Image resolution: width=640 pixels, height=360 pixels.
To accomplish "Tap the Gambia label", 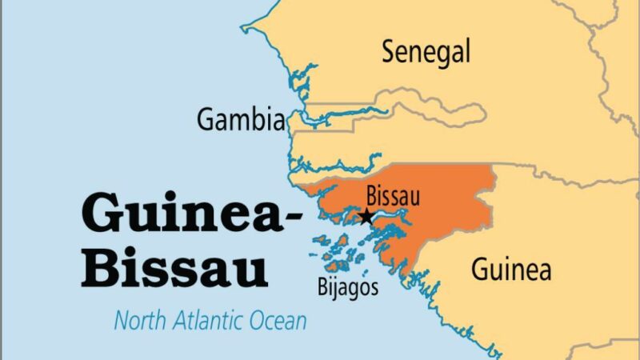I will click(x=241, y=121).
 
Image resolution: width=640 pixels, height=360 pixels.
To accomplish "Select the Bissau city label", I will click(x=392, y=195).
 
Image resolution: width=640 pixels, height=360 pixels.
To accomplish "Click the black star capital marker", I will click(x=366, y=216).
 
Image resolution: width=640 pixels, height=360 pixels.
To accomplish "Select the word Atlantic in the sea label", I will click(x=204, y=322).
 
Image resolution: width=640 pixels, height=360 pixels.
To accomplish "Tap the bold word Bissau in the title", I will click(x=174, y=270).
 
